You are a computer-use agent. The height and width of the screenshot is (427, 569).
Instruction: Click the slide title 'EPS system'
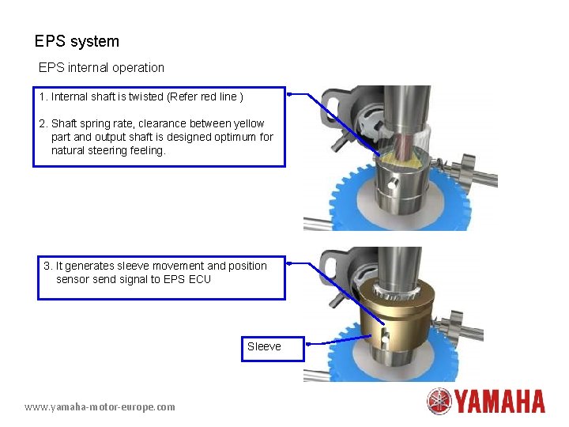[77, 41]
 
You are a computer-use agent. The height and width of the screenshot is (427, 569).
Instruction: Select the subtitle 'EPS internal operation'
[101, 68]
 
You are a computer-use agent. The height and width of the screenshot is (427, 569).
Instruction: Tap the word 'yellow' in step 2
[247, 123]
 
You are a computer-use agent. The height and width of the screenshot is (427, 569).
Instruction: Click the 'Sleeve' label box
[264, 346]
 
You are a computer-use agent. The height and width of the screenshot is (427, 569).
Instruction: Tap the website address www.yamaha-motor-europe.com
[100, 406]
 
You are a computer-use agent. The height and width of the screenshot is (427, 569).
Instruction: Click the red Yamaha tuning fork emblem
[439, 401]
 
